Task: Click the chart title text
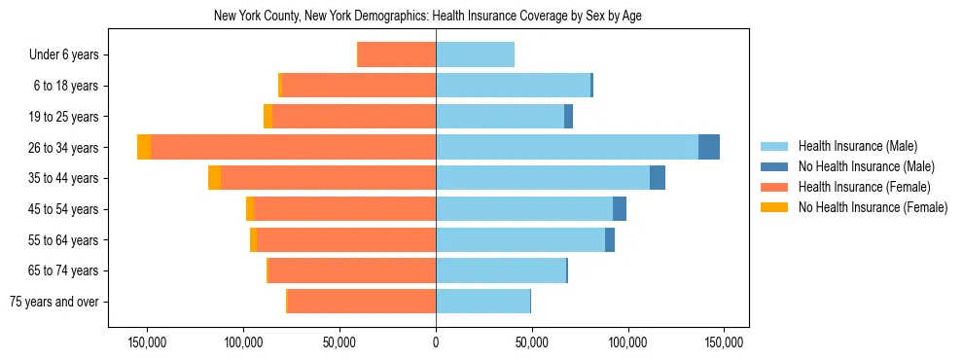pyautogui.click(x=427, y=17)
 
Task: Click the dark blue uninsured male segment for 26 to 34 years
pyautogui.click(x=709, y=147)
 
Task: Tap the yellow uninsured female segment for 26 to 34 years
pyautogui.click(x=144, y=147)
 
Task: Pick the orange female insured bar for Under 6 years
pyautogui.click(x=397, y=54)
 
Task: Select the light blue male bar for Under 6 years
pyautogui.click(x=475, y=54)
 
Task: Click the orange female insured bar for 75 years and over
pyautogui.click(x=362, y=302)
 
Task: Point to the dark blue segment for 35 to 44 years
pyautogui.click(x=658, y=178)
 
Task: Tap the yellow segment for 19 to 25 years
pyautogui.click(x=267, y=117)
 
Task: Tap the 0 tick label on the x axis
pyautogui.click(x=436, y=342)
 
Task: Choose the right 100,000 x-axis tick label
pyautogui.click(x=627, y=342)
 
